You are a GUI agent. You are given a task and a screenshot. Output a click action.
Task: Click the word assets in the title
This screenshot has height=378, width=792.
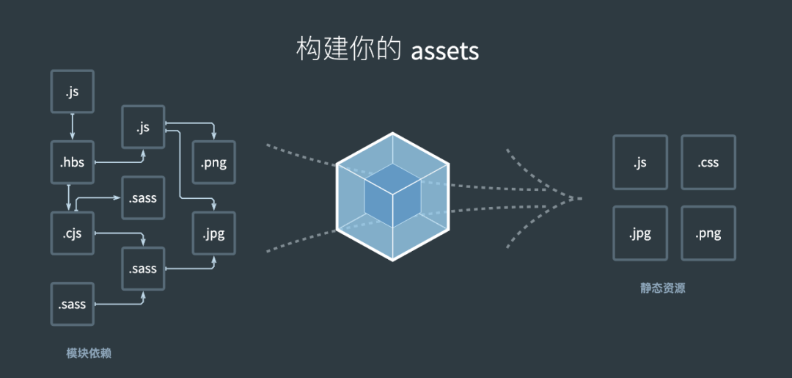(x=444, y=51)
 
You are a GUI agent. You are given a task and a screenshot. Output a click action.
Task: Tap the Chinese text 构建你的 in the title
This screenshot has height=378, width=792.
(x=348, y=50)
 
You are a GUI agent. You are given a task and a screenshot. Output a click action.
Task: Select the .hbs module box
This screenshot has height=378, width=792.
(x=73, y=162)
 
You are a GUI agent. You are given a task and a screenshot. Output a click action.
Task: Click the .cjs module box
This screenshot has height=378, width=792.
(x=73, y=233)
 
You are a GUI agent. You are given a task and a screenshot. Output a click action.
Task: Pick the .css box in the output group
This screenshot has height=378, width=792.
(x=708, y=162)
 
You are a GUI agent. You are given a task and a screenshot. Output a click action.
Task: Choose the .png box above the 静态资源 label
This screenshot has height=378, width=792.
(x=708, y=233)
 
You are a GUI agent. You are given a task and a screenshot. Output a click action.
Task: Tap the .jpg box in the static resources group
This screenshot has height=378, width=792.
(x=640, y=233)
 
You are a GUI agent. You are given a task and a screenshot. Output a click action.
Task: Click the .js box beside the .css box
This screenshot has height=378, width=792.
(x=640, y=162)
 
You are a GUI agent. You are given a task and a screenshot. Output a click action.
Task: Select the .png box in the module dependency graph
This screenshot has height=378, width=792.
(x=213, y=162)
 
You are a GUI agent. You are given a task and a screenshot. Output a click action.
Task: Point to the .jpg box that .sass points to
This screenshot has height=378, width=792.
(x=213, y=233)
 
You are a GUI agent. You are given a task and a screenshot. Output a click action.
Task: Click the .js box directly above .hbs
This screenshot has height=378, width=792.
(x=73, y=92)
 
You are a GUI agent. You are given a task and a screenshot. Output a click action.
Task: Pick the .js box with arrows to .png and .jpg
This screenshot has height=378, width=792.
(x=143, y=127)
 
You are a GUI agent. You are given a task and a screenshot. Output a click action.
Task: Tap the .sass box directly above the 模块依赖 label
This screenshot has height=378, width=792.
(x=73, y=304)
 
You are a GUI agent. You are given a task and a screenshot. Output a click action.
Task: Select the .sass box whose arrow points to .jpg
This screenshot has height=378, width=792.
(x=143, y=269)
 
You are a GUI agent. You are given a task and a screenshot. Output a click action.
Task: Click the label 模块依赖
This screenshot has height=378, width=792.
(x=89, y=354)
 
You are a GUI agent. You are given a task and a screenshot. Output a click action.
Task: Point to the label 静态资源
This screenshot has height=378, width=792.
(x=662, y=288)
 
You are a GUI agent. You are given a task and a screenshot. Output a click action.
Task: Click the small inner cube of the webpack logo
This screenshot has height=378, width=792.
(x=392, y=195)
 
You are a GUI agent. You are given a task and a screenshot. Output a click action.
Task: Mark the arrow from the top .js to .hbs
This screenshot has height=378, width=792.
(x=73, y=126)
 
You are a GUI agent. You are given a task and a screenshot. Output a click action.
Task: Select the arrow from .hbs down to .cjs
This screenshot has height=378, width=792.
(x=69, y=197)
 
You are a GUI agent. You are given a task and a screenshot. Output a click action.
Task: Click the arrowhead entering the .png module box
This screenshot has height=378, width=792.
(x=213, y=137)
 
